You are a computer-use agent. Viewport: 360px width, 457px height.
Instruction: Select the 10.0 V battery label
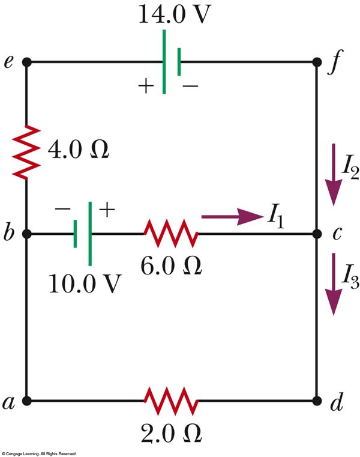tap(90, 283)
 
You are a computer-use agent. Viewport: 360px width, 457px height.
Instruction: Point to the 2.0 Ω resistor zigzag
tap(170, 401)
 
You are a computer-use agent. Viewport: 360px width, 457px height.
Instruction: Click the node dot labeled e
tap(27, 62)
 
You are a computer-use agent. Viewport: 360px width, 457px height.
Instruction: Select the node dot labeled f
tap(316, 62)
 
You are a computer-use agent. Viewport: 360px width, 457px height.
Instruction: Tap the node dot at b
tap(27, 233)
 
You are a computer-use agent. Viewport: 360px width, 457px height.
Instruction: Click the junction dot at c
tap(316, 233)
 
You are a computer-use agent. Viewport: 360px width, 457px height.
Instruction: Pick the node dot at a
tap(27, 401)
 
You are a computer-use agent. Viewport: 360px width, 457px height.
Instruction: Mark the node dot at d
tap(316, 401)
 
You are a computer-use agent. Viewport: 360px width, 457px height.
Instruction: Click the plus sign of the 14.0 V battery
tap(146, 86)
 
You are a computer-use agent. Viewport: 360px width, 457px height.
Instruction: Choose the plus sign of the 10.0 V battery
tap(106, 210)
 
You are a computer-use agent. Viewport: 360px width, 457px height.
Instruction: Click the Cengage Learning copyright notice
tap(39, 453)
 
